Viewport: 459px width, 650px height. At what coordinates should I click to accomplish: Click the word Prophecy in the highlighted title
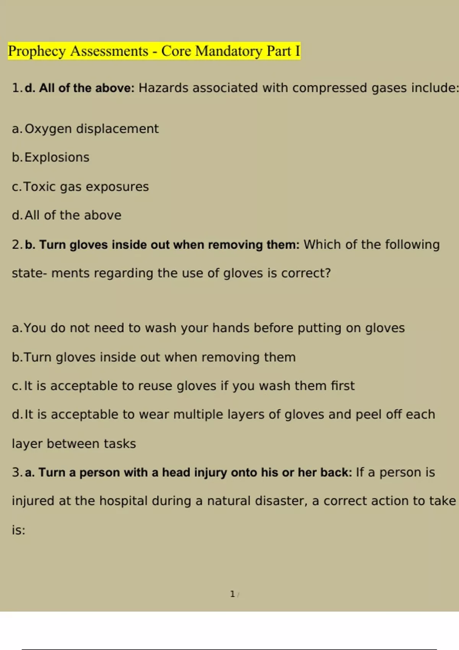(37, 52)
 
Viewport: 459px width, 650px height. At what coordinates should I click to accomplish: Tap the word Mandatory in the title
(229, 51)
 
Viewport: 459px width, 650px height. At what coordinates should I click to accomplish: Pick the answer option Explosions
(57, 158)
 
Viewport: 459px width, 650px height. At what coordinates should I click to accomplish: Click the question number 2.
(17, 245)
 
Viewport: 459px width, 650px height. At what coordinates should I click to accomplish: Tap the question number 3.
(17, 473)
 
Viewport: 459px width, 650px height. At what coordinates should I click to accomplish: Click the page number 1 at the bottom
(232, 594)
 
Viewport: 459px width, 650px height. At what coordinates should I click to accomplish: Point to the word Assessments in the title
(109, 51)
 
